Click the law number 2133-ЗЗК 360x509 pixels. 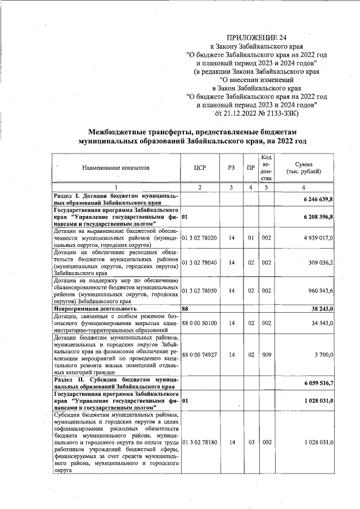point(282,114)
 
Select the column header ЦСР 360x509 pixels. point(200,167)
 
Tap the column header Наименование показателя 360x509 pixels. point(116,168)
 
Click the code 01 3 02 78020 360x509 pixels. point(200,238)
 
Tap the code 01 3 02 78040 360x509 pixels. point(200,262)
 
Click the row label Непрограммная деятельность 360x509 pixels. point(95,309)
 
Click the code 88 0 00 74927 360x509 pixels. point(200,355)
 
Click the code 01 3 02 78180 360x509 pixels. point(200,443)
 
